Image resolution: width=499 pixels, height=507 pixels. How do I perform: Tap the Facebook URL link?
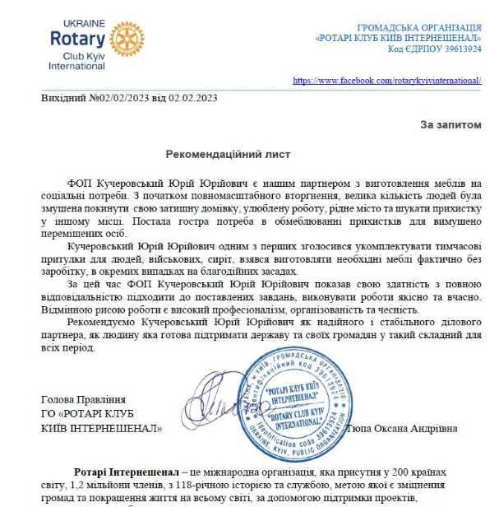pyautogui.click(x=386, y=81)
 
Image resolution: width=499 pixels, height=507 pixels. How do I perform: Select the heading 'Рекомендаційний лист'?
pyautogui.click(x=228, y=154)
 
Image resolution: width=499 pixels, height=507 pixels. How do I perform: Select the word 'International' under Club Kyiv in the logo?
pyautogui.click(x=76, y=65)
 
